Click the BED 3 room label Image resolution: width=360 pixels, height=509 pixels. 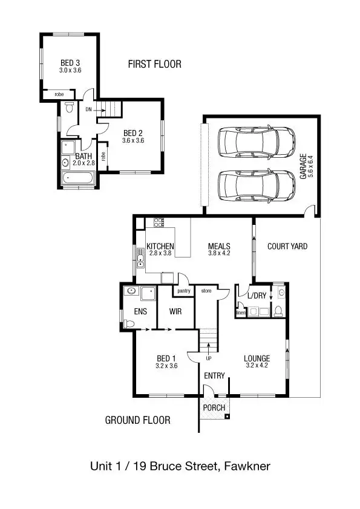(x=70, y=63)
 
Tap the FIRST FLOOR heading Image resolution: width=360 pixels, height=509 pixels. (x=154, y=64)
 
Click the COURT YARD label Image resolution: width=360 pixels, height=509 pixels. (x=287, y=246)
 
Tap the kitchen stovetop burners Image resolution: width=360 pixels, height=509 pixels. (x=159, y=222)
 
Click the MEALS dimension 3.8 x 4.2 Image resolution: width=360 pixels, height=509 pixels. (x=218, y=254)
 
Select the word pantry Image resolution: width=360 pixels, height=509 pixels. (x=183, y=291)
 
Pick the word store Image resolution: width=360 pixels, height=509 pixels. (x=206, y=291)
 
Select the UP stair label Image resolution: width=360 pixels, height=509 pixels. (x=209, y=358)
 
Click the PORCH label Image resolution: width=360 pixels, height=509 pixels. (x=214, y=407)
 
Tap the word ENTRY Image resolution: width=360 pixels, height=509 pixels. (x=214, y=376)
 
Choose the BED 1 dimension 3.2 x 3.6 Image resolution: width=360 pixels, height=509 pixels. (x=166, y=365)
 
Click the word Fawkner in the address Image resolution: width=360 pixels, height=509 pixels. (x=247, y=467)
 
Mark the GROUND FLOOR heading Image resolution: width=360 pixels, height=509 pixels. (x=137, y=420)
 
